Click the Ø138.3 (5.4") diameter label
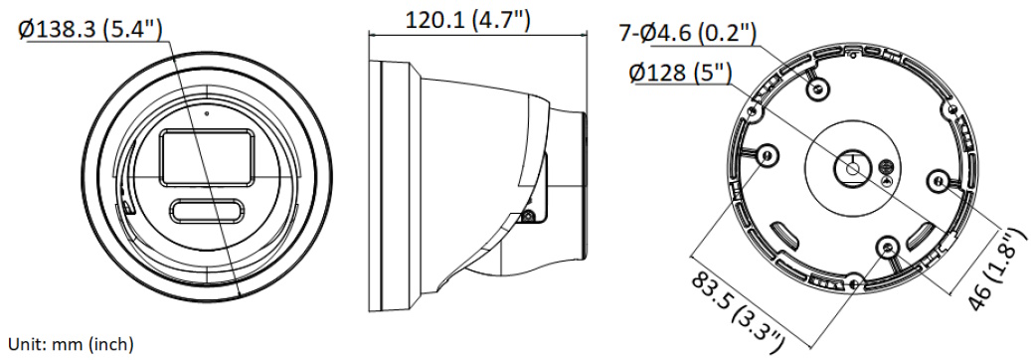(90, 29)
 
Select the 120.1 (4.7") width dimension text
(467, 19)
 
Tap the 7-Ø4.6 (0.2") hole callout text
(687, 33)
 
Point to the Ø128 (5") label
(680, 73)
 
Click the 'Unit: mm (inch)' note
(71, 343)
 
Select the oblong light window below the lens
(205, 211)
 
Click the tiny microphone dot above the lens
(207, 113)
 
